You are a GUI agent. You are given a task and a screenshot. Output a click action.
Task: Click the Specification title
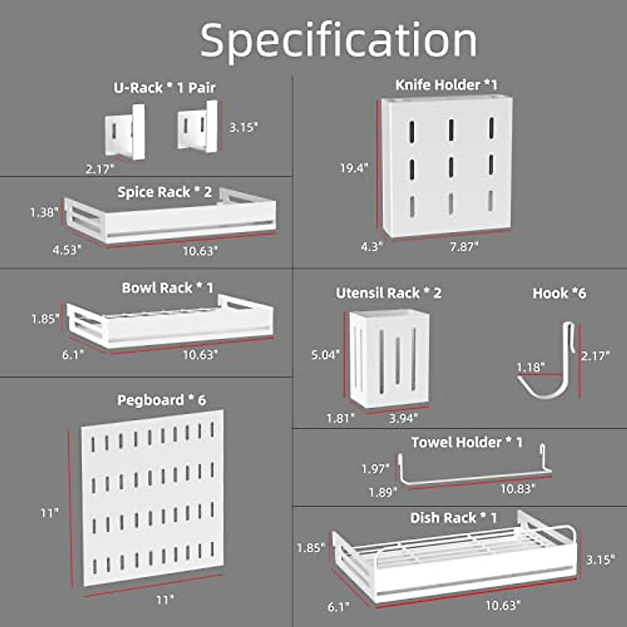[x=339, y=41]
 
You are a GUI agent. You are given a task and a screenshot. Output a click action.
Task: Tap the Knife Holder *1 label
[x=446, y=85]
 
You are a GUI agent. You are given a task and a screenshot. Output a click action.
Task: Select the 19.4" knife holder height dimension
[x=354, y=168]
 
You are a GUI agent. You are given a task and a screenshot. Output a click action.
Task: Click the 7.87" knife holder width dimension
[x=464, y=246]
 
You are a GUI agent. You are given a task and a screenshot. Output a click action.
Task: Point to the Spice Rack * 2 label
[x=165, y=192]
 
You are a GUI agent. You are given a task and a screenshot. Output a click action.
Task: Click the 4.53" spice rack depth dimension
[x=67, y=249]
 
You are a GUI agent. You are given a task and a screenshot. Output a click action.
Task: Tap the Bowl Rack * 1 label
[x=168, y=288]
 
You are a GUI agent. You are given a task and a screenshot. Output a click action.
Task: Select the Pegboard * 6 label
[x=161, y=400]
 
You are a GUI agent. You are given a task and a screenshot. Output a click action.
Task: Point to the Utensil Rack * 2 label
[x=388, y=293]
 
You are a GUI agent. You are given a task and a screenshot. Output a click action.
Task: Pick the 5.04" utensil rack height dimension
[x=326, y=355]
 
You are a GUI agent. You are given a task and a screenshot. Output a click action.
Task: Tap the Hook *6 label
[x=559, y=293]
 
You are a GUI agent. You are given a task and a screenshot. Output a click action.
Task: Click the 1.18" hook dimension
[x=530, y=367]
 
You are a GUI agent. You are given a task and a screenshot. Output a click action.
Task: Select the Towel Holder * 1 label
[x=467, y=443]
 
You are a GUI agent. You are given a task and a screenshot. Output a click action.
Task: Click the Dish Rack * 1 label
[x=454, y=518]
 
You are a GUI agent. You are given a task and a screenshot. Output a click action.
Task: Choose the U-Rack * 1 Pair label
[x=165, y=87]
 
